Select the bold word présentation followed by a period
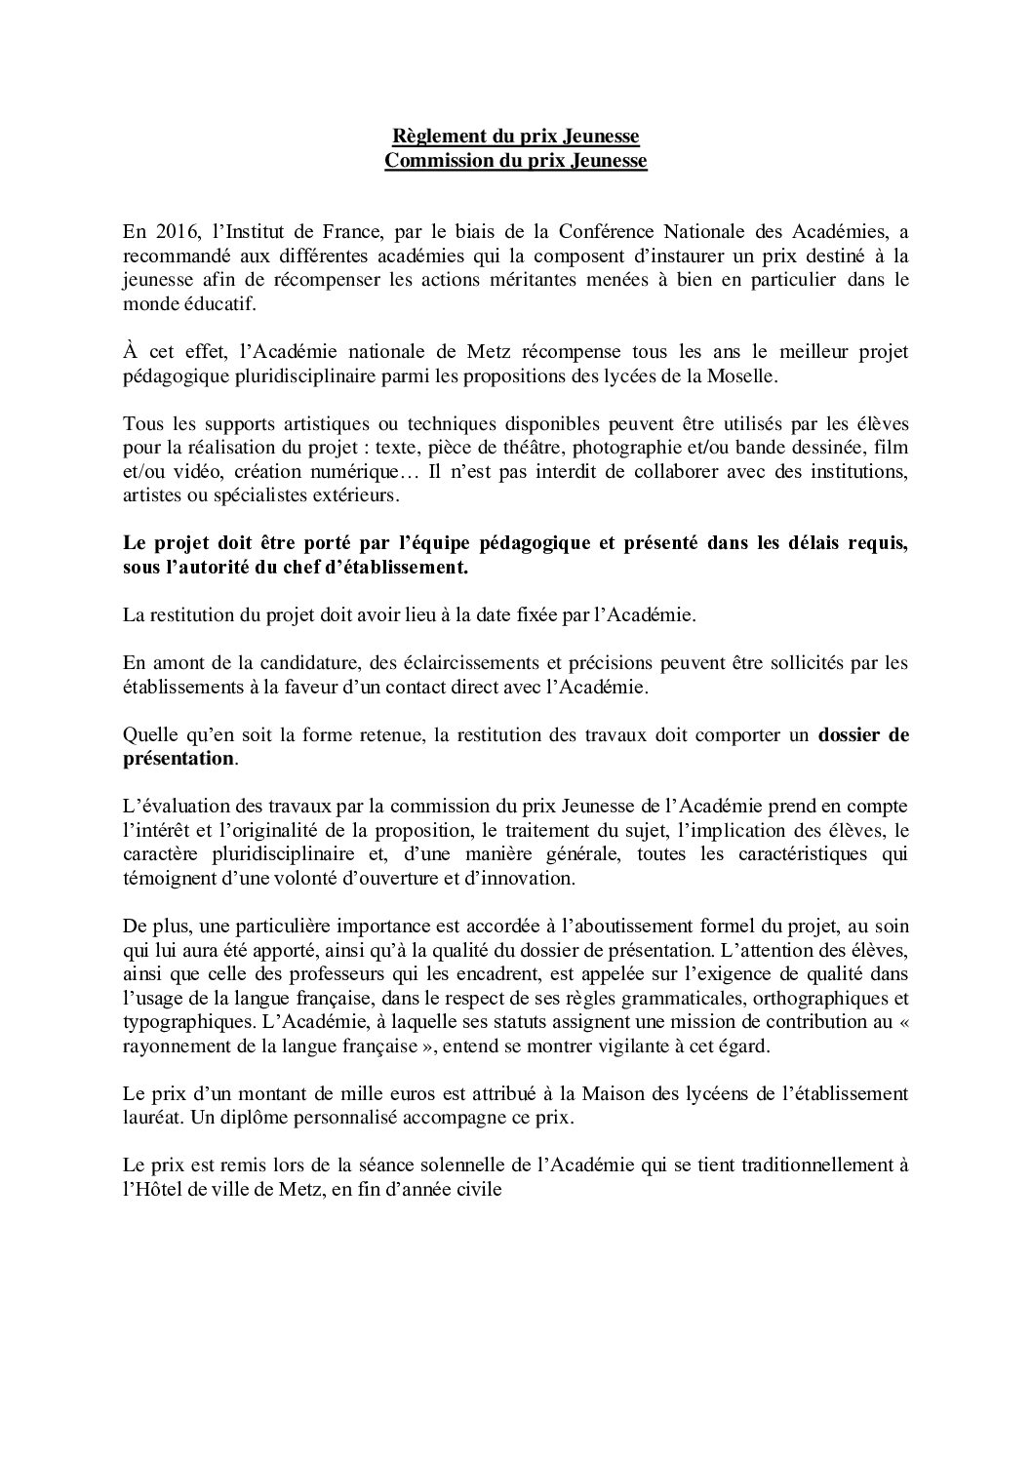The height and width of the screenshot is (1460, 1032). click(179, 759)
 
